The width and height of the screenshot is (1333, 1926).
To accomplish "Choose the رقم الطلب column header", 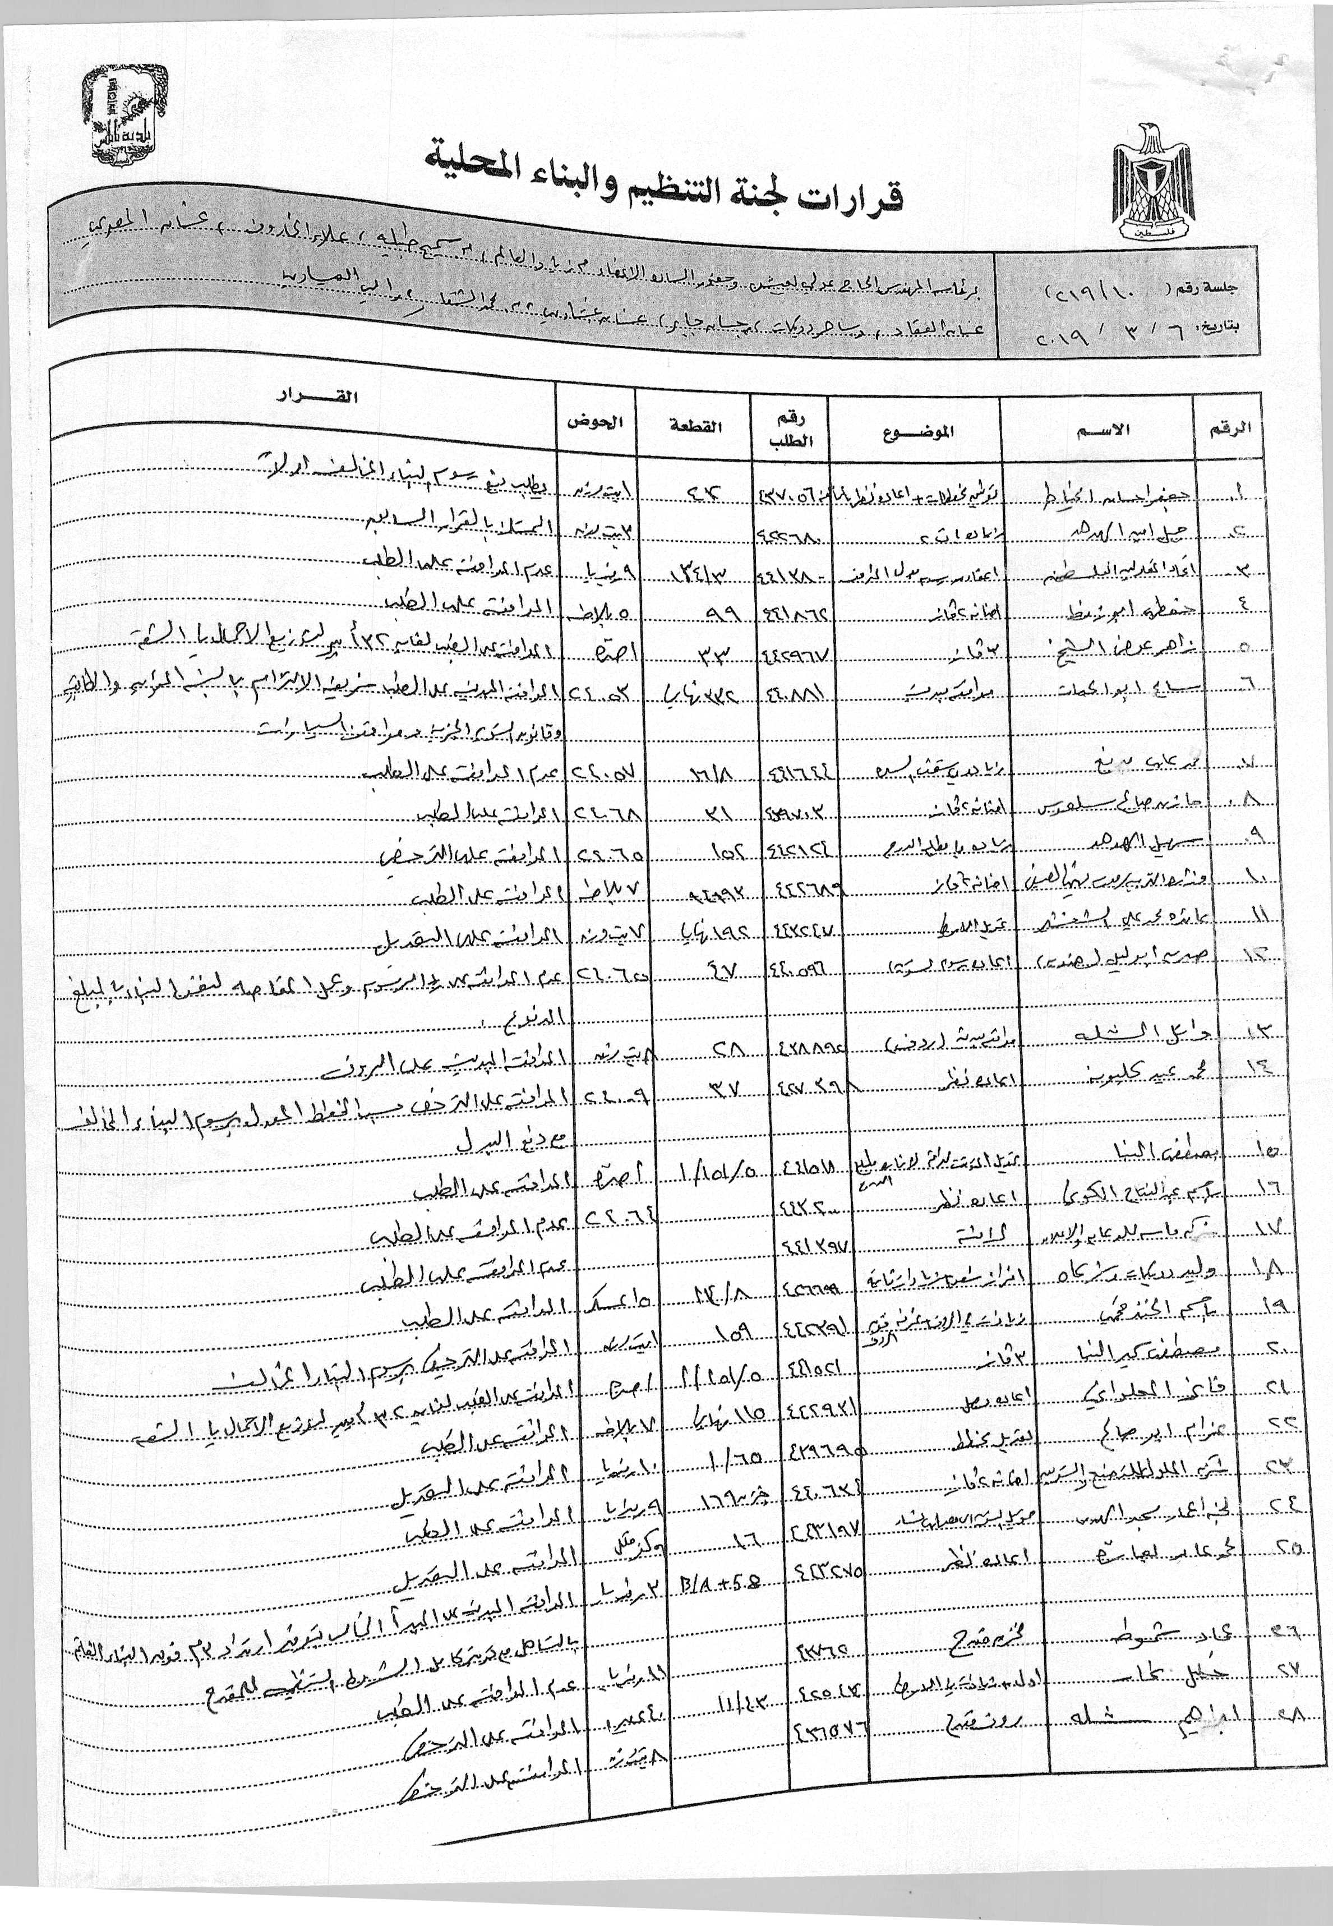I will pos(792,430).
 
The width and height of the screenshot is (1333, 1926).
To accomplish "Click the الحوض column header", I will pos(596,421).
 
